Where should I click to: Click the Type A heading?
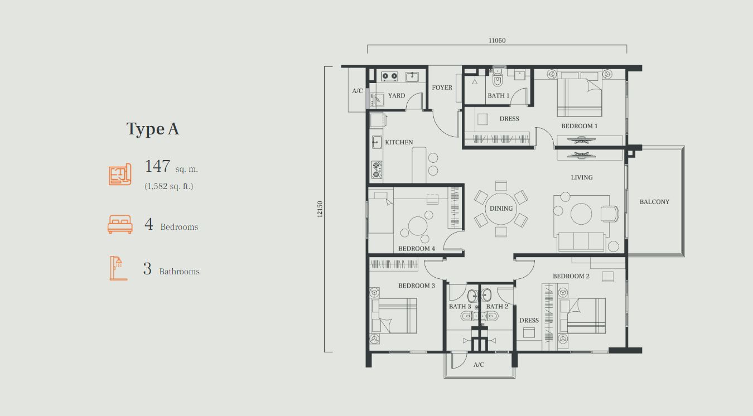pyautogui.click(x=153, y=129)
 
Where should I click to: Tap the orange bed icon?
pyautogui.click(x=120, y=224)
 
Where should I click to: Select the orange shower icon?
pyautogui.click(x=118, y=268)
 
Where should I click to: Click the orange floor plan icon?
pyautogui.click(x=120, y=174)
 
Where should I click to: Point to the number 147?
pyautogui.click(x=157, y=166)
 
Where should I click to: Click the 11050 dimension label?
pyautogui.click(x=497, y=41)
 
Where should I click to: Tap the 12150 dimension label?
pyautogui.click(x=320, y=209)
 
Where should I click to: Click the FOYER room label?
pyautogui.click(x=442, y=88)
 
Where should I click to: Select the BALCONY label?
pyautogui.click(x=654, y=202)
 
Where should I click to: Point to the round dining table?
pyautogui.click(x=501, y=209)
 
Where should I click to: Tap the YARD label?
pyautogui.click(x=397, y=95)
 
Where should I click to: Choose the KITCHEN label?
pyautogui.click(x=399, y=142)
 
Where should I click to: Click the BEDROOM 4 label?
pyautogui.click(x=417, y=249)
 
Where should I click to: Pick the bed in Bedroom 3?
pyautogui.click(x=394, y=316)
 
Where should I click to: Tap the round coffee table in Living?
pyautogui.click(x=581, y=214)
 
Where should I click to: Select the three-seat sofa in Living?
pyautogui.click(x=581, y=242)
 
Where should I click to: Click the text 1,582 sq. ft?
pyautogui.click(x=169, y=186)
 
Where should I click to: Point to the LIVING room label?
pyautogui.click(x=582, y=177)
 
